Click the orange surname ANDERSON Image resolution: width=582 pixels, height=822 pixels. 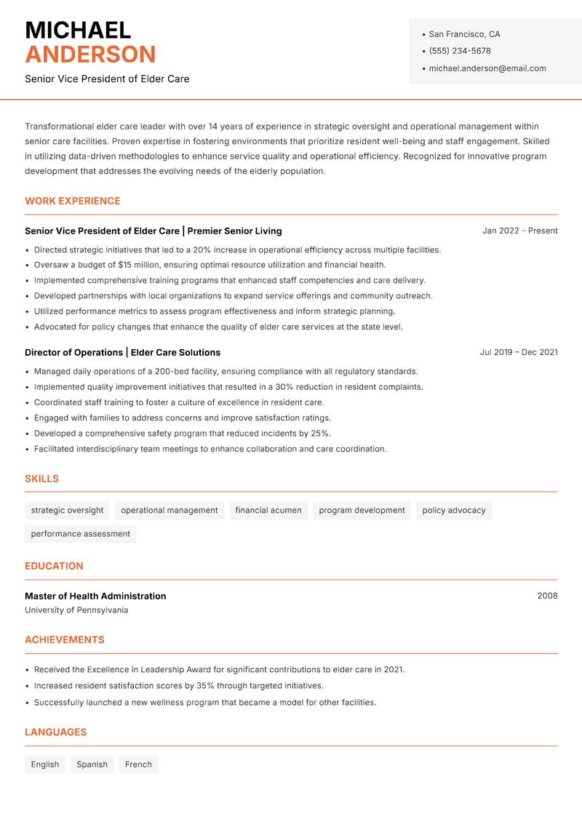click(x=90, y=55)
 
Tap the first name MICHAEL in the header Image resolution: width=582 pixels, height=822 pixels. click(x=78, y=30)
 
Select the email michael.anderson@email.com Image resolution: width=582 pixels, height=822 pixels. click(x=487, y=68)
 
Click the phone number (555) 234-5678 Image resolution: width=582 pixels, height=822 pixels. click(x=459, y=51)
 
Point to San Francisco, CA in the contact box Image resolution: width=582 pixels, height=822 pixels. click(x=464, y=34)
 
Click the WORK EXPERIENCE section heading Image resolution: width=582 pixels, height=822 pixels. click(x=73, y=201)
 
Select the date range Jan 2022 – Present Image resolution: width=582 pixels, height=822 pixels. click(x=519, y=231)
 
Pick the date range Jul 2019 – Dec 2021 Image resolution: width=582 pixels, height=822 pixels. click(x=519, y=352)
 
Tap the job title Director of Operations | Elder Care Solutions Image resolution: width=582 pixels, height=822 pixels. click(x=122, y=352)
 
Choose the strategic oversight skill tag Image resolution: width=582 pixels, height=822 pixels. click(x=67, y=510)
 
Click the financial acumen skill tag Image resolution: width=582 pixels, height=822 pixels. click(x=268, y=510)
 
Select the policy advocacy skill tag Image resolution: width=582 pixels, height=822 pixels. click(x=453, y=510)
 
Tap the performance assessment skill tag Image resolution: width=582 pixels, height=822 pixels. click(x=80, y=534)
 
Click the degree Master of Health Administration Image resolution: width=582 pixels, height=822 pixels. click(x=95, y=596)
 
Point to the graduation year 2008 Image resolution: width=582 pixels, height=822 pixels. click(x=547, y=596)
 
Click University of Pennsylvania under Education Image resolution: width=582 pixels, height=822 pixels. click(x=76, y=610)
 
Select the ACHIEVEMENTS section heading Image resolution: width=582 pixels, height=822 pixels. click(x=65, y=640)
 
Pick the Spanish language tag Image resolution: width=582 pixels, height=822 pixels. click(x=92, y=765)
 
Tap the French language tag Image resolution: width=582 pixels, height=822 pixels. click(x=138, y=765)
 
